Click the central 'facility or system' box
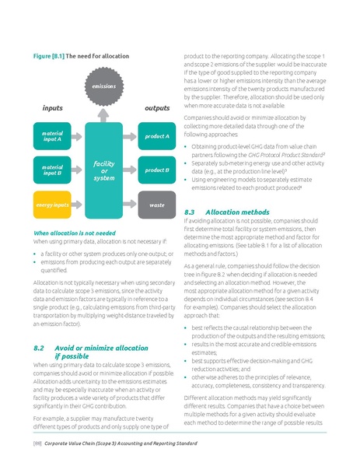click(103, 170)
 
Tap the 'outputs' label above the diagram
click(156, 108)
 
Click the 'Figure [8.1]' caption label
click(46, 58)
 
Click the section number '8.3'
click(190, 212)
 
